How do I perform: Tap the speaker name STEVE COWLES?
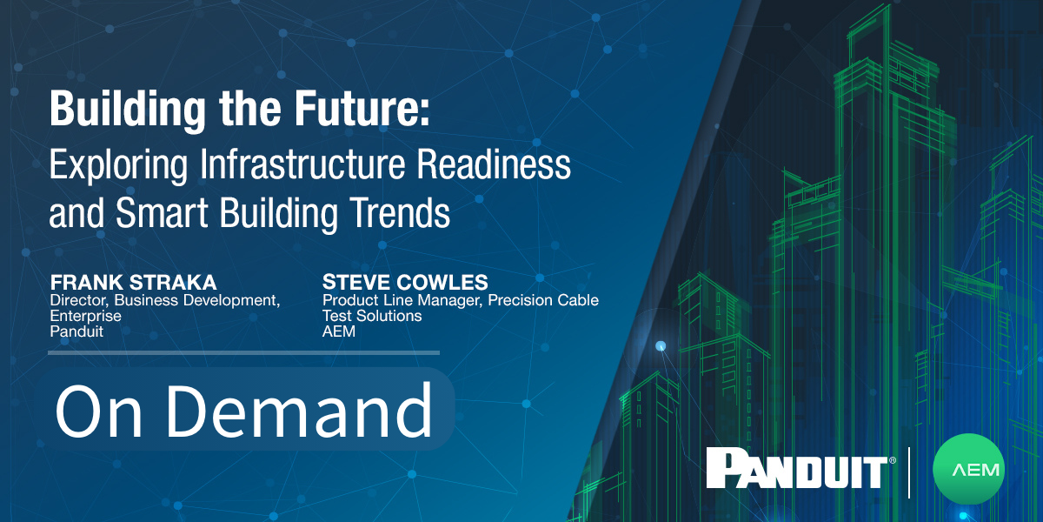tap(404, 284)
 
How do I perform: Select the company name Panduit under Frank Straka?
tap(76, 331)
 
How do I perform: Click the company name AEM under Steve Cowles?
tap(339, 331)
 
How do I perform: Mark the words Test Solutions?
tap(372, 316)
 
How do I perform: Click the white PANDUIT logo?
tap(794, 470)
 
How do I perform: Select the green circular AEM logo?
tap(968, 471)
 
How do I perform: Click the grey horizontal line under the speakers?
tap(243, 352)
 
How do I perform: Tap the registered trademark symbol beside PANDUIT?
tap(892, 460)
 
